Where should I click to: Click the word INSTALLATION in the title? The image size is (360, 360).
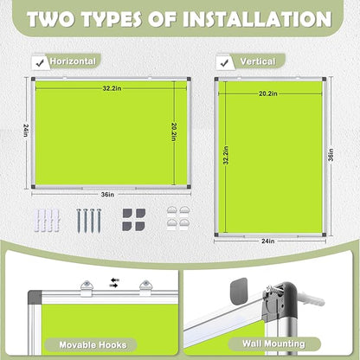click(252, 19)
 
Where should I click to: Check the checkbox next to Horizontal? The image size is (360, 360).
click(39, 61)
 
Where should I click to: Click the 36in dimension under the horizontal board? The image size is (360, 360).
click(106, 195)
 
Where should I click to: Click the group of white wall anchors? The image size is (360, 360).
click(49, 219)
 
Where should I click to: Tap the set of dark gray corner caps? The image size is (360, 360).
click(133, 217)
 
